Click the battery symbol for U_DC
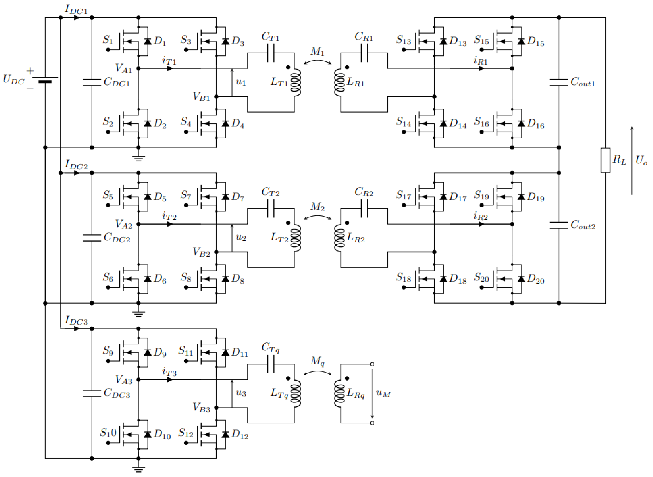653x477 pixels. pyautogui.click(x=45, y=80)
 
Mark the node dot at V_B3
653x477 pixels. pyautogui.click(x=216, y=407)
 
